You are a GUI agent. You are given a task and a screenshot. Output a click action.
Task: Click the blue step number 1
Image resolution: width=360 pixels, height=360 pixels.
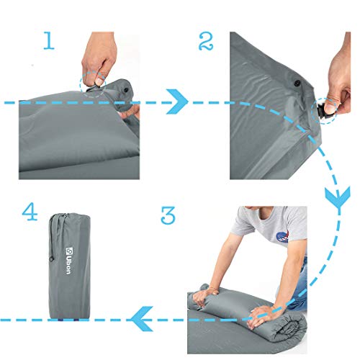click(x=48, y=40)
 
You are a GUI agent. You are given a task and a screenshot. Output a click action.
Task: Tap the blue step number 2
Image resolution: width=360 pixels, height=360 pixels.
click(x=206, y=42)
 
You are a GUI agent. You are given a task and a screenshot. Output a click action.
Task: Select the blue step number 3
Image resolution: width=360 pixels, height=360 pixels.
click(x=167, y=215)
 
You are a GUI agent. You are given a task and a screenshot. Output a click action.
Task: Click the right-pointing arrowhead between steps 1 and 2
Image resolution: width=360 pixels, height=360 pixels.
click(x=178, y=101)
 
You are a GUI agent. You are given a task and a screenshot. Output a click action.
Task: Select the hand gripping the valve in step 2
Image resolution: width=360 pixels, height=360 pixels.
click(x=340, y=86)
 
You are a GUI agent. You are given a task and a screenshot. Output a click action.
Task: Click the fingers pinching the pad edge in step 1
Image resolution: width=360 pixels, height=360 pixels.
click(x=130, y=112)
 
